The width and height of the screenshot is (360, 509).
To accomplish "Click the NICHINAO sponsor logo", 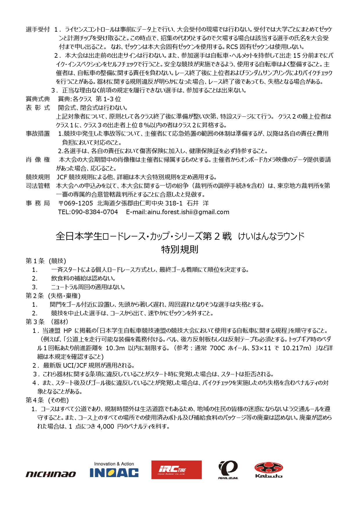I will pyautogui.click(x=51, y=474).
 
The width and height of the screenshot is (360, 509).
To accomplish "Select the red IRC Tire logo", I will pyautogui.click(x=176, y=470).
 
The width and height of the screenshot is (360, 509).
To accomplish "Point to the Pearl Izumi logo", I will pyautogui.click(x=228, y=470).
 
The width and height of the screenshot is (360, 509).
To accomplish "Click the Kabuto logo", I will pyautogui.click(x=268, y=470).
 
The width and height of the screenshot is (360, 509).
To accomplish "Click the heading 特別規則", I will pyautogui.click(x=180, y=250).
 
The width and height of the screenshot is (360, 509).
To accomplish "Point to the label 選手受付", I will pyautogui.click(x=38, y=29).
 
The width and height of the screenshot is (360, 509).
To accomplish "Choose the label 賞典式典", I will pyautogui.click(x=38, y=99).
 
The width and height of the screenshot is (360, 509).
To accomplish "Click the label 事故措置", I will pyautogui.click(x=38, y=133).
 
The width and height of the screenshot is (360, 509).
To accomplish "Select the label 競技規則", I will pyautogui.click(x=38, y=177).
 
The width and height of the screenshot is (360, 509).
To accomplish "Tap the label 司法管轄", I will pyautogui.click(x=38, y=186).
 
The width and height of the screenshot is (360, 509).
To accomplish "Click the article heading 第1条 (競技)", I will pyautogui.click(x=46, y=261).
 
